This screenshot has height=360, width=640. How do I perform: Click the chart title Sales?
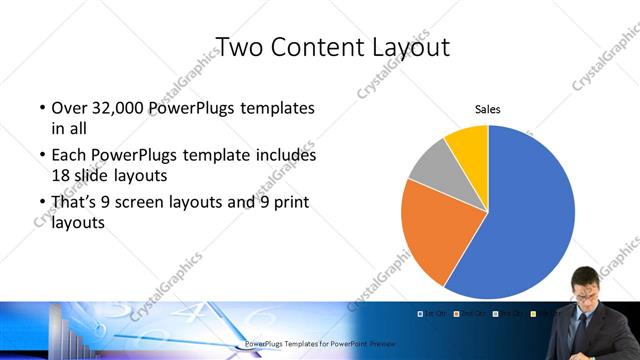[x=488, y=110]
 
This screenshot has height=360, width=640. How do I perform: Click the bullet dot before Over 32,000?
[x=42, y=108]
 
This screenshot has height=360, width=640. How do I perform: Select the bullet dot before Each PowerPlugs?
[x=42, y=156]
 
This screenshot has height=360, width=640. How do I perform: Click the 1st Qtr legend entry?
[x=432, y=314]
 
